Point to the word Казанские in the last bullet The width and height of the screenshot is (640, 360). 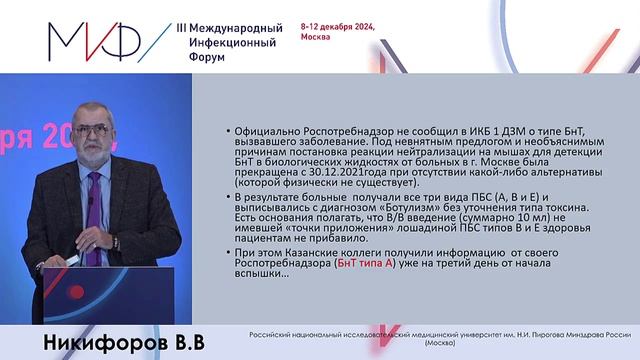click(301, 251)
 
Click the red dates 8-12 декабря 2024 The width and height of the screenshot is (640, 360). click(338, 27)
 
